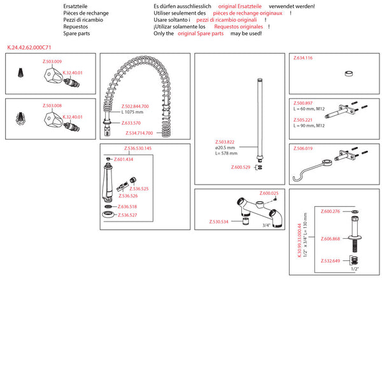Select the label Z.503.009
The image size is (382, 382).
pos(52,61)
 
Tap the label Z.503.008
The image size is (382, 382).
pos(52,105)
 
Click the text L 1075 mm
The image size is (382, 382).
pos(132,112)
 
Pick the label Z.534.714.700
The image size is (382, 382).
pos(140,133)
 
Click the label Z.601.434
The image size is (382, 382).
pos(124,159)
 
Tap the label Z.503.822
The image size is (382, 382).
pos(225,141)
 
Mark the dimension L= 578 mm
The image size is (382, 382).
pos(226,153)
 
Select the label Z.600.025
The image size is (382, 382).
pos(269,193)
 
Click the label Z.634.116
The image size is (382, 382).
pos(303,58)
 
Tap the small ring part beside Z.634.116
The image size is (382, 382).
pos(350,73)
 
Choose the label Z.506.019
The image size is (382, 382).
pos(303,148)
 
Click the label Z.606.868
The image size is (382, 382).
pos(330,239)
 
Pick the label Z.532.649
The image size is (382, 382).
pos(330,260)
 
